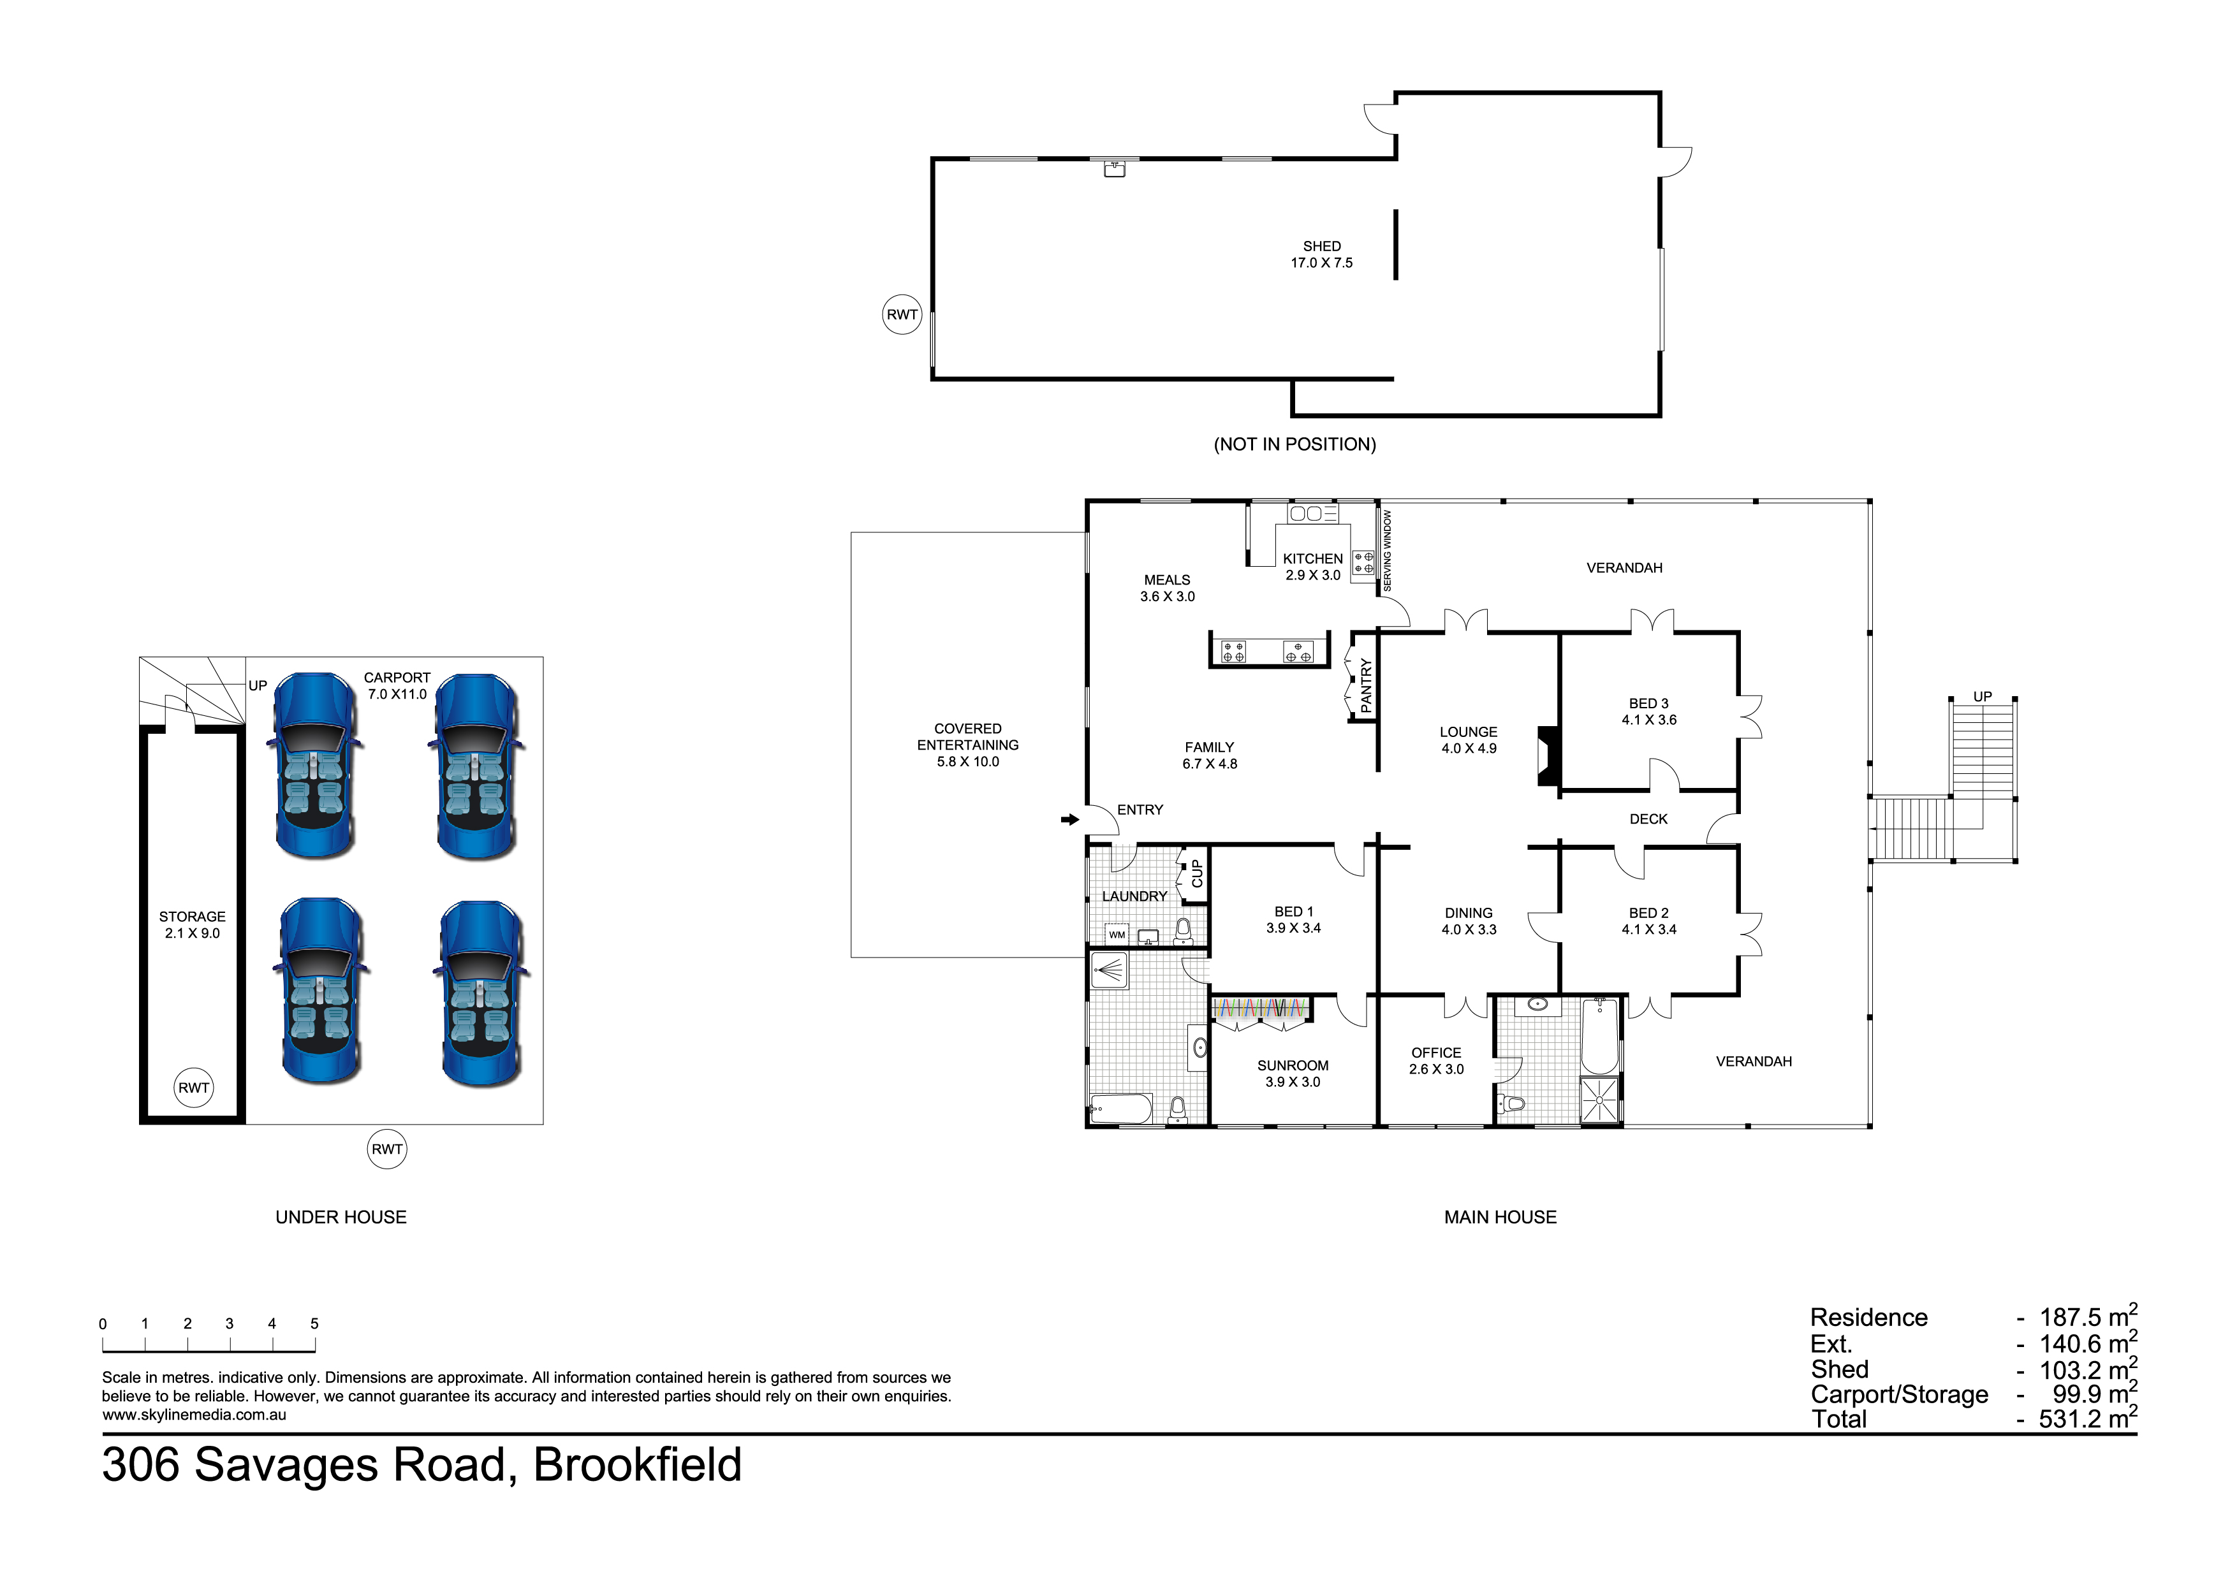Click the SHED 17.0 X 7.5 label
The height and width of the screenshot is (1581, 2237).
(1321, 254)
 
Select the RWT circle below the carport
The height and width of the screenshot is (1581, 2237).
(387, 1149)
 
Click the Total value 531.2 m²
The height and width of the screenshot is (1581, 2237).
(2087, 1418)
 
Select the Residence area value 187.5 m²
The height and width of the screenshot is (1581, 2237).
(2087, 1317)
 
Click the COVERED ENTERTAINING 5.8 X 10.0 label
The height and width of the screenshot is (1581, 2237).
(967, 745)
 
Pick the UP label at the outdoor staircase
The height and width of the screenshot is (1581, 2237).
(1982, 697)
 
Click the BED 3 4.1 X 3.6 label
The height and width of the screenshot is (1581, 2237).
(1648, 711)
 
